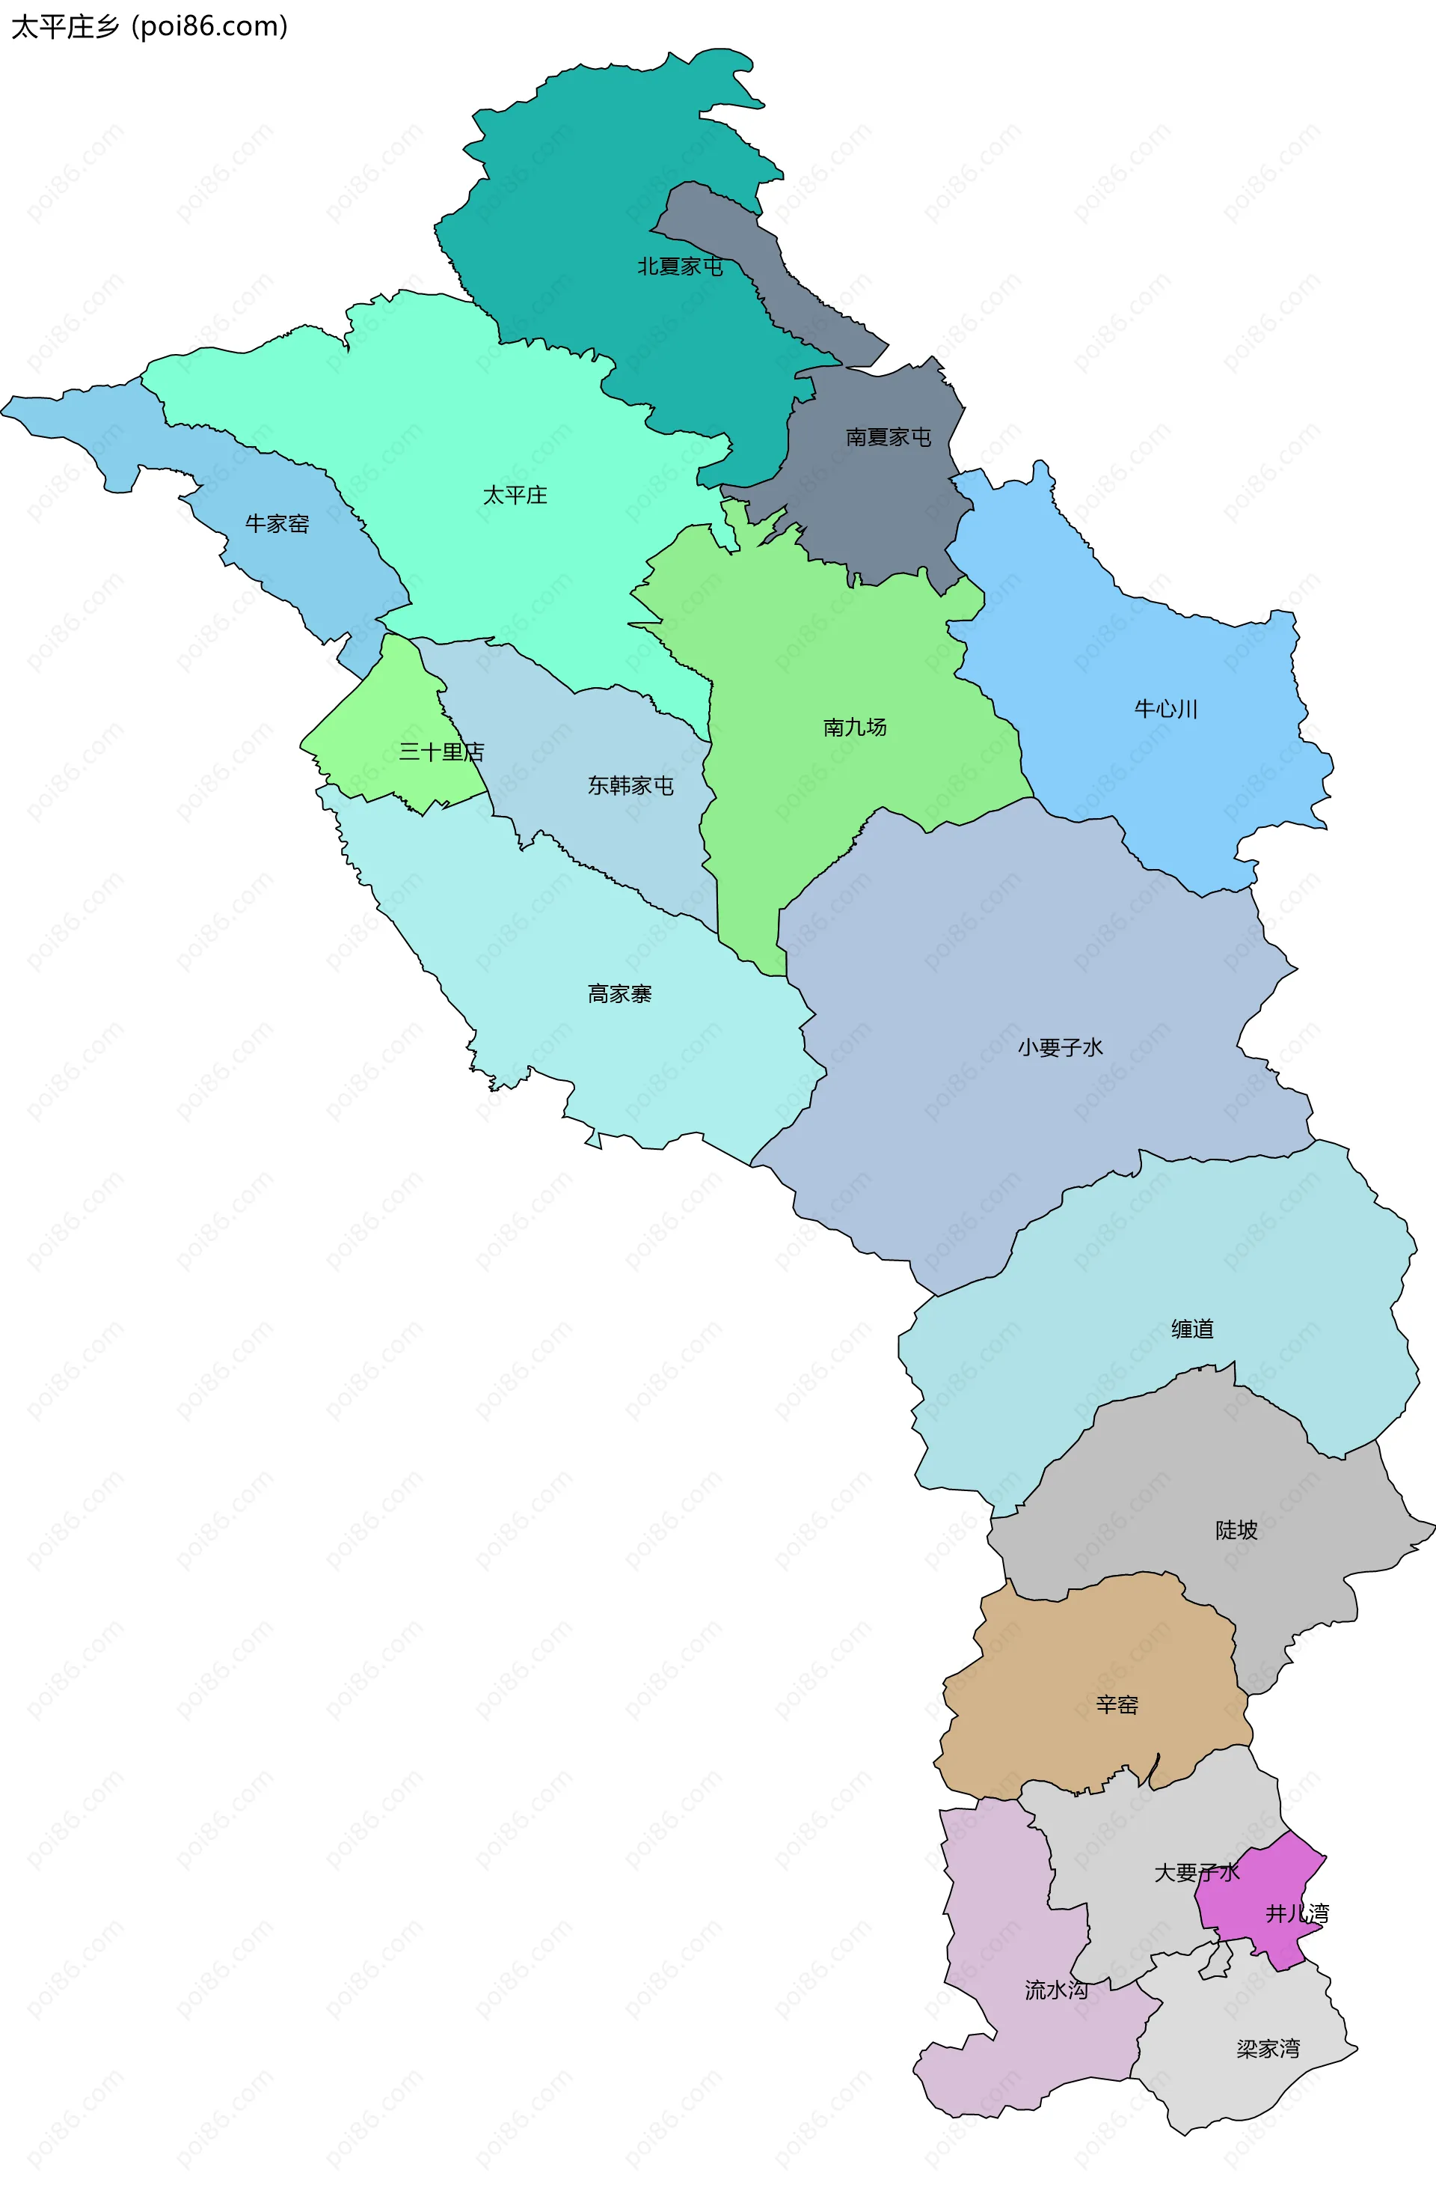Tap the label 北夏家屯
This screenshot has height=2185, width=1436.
[680, 266]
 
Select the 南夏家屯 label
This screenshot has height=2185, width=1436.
[889, 437]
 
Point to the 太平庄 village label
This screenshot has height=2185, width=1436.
[515, 496]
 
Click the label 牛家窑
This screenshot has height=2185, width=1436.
[277, 524]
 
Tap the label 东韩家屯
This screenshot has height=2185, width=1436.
[630, 786]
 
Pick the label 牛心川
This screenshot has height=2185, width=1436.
[1165, 709]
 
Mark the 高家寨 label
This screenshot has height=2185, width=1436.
[619, 994]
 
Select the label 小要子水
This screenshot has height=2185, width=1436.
[1060, 1047]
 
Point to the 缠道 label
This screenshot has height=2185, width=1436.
[1192, 1329]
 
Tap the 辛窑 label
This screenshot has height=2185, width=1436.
[1117, 1705]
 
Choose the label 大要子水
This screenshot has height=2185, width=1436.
[1197, 1873]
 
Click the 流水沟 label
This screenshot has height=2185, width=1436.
[1056, 1990]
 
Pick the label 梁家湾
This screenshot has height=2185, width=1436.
[1267, 2049]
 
